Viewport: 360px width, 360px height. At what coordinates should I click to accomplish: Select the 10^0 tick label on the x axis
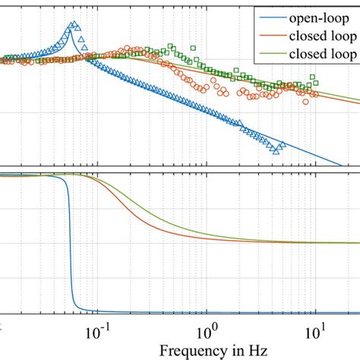(x=206, y=333)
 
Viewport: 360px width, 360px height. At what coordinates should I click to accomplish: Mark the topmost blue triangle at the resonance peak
(x=71, y=24)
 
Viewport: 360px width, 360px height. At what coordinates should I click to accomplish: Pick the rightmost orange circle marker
(x=311, y=98)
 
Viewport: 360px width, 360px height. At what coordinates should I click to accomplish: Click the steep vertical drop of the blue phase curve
(x=70, y=243)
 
